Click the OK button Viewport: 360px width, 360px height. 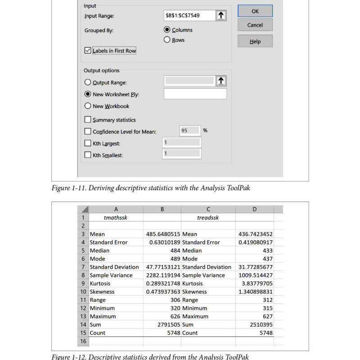tap(255, 11)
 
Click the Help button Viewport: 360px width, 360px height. tap(255, 41)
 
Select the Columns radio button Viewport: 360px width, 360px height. tap(167, 30)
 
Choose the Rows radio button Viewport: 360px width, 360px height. tap(167, 40)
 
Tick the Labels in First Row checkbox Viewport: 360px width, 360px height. tap(88, 51)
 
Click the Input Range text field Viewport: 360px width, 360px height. tap(189, 16)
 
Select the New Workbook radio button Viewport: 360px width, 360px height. tap(88, 106)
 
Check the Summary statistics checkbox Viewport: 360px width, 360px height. tap(88, 120)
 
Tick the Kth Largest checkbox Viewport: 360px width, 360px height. tap(88, 144)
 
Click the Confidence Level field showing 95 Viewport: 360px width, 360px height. tap(189, 130)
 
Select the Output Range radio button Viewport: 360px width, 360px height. tap(88, 82)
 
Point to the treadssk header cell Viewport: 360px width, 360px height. tap(208, 217)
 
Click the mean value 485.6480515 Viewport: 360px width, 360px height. tap(163, 234)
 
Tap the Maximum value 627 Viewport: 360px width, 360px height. tap(265, 316)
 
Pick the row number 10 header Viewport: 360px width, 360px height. tap(83, 292)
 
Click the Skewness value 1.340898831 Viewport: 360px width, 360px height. tap(256, 292)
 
